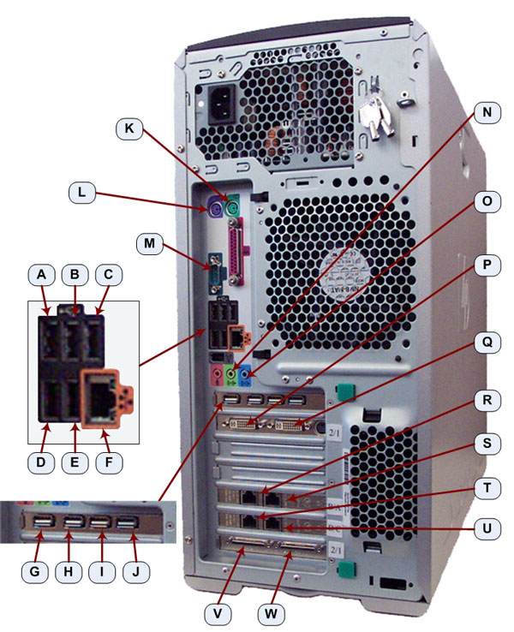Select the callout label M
(150, 243)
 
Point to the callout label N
(487, 112)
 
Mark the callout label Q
(487, 342)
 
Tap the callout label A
(42, 275)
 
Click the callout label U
(487, 528)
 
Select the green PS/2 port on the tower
(234, 204)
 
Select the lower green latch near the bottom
(345, 569)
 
